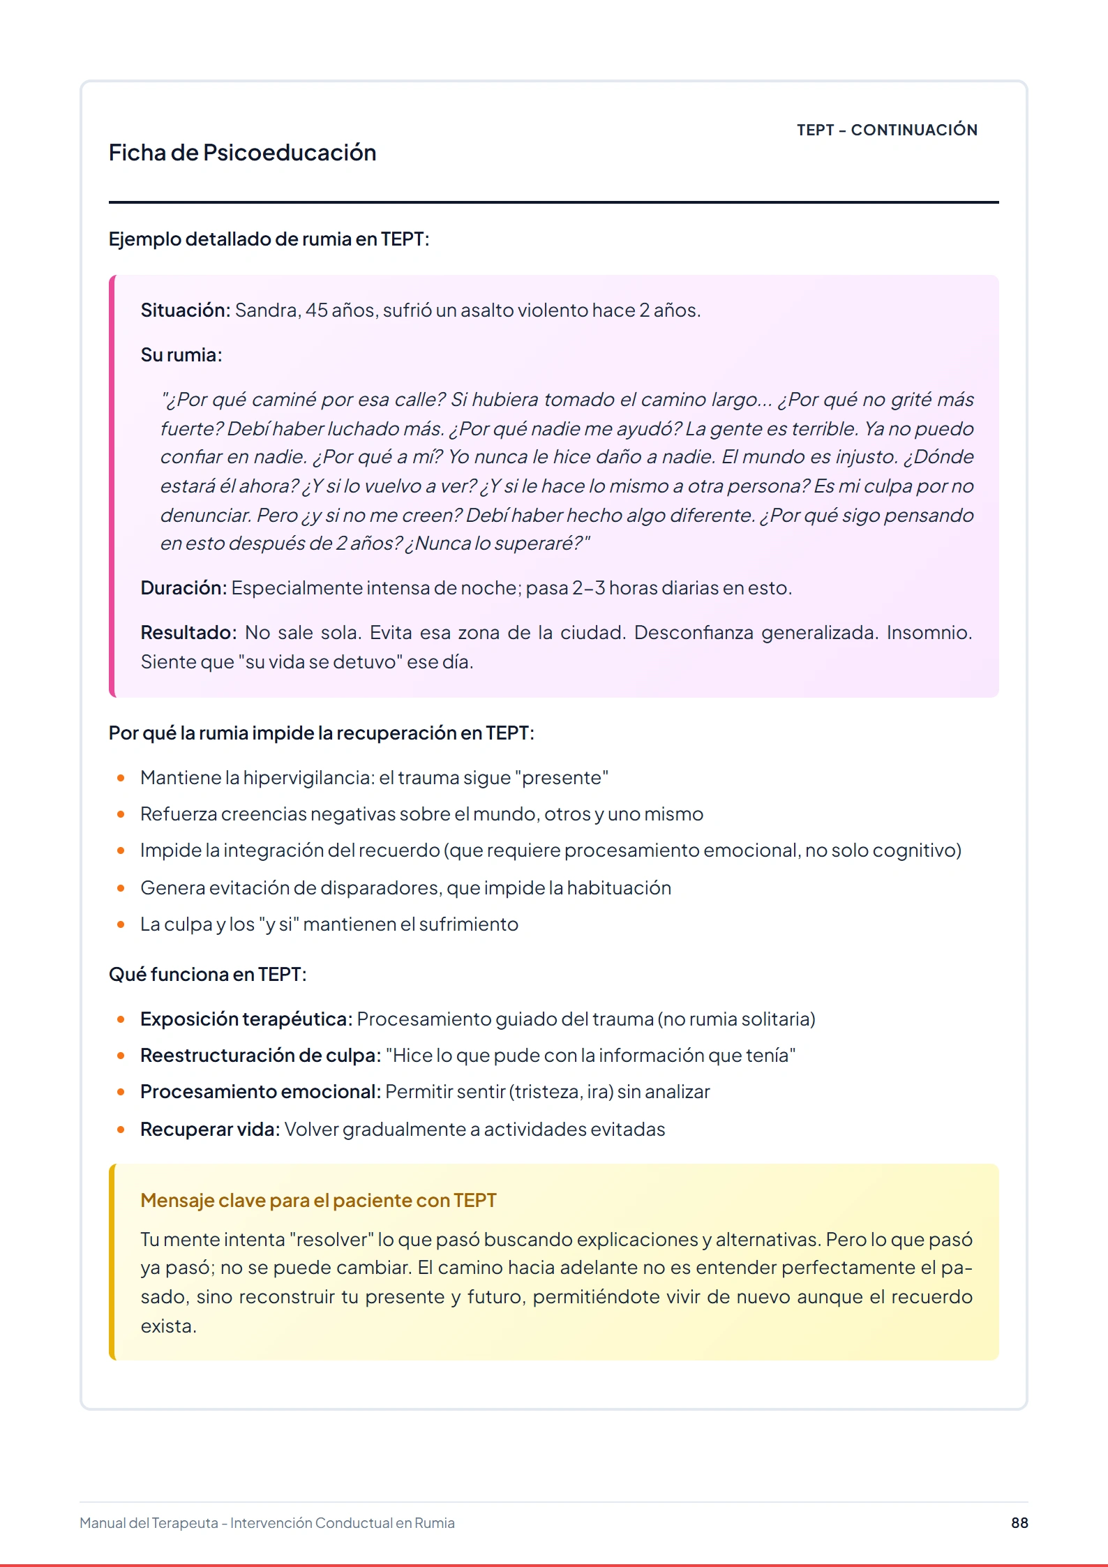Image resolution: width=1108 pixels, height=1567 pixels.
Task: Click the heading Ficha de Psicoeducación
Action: [242, 153]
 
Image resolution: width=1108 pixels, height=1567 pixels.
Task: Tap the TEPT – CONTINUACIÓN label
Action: [887, 130]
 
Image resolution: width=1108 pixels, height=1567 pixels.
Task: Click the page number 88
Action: [1019, 1522]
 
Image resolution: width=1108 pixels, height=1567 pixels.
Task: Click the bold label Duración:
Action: [184, 588]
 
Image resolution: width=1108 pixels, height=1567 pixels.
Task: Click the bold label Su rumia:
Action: [181, 355]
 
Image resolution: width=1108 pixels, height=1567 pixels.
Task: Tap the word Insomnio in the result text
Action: [928, 633]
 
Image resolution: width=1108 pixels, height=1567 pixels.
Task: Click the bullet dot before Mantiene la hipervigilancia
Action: [121, 778]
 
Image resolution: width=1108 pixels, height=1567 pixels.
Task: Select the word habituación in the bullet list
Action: [619, 888]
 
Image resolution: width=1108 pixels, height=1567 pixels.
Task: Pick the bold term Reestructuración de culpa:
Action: [260, 1056]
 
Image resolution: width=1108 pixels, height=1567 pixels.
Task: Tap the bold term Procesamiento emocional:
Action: [260, 1092]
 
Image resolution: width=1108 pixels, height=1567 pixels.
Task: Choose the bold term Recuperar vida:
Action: [210, 1130]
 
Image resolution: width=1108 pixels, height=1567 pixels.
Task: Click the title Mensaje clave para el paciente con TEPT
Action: [318, 1201]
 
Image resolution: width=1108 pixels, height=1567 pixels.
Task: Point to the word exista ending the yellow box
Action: [167, 1326]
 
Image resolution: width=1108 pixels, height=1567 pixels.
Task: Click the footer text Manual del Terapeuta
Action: [149, 1523]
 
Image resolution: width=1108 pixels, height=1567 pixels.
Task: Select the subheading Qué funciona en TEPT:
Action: [207, 975]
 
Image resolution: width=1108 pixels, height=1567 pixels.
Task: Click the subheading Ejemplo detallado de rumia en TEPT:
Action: [269, 239]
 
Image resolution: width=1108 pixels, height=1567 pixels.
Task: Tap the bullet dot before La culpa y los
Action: [121, 924]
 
